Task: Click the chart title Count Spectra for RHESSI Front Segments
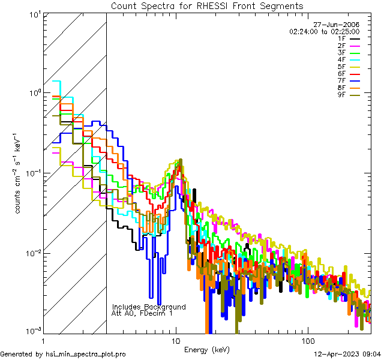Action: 207,6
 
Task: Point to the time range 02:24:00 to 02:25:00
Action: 324,31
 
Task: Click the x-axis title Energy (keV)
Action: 206,350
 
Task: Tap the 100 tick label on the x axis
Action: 307,340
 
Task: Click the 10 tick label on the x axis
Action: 175,340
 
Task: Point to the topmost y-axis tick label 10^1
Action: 34,14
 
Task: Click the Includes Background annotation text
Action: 149,307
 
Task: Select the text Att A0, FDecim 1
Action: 142,313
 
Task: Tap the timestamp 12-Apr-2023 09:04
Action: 347,354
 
